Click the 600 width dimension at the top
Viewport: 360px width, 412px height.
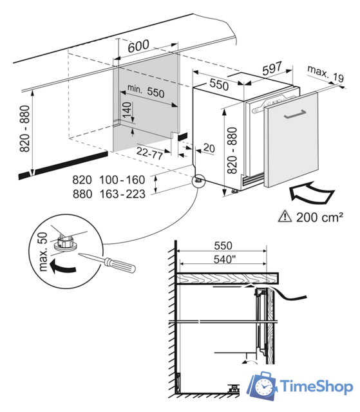point(138,46)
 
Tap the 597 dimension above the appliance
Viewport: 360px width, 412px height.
point(272,68)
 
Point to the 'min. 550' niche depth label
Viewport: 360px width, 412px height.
point(146,91)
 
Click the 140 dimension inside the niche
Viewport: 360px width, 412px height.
point(127,110)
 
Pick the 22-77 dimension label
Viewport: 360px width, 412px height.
point(149,153)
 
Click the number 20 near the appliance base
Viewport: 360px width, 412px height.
point(209,148)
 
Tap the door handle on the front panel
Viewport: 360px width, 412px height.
point(295,115)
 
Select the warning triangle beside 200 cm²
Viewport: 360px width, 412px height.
point(285,217)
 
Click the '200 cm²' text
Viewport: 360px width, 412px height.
point(319,218)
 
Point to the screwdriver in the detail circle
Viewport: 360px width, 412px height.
point(108,263)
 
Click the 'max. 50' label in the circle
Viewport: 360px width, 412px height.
point(43,252)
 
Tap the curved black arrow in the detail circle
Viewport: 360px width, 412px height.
point(62,267)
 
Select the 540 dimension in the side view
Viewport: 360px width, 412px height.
point(224,259)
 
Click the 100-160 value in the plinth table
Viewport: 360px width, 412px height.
point(122,180)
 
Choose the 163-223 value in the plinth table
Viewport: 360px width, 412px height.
point(122,194)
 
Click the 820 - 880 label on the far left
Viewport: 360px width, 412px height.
point(25,129)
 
